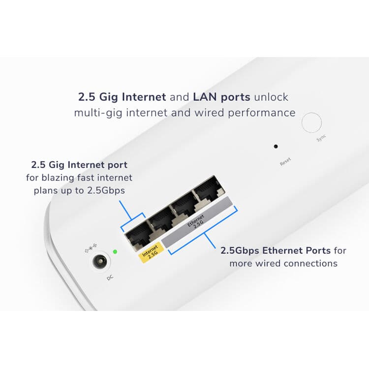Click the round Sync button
tap(311, 123)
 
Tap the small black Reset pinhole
tap(276, 146)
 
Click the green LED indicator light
tap(115, 251)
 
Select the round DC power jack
tap(99, 261)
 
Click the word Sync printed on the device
tap(321, 139)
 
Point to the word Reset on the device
tap(285, 161)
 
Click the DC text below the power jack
tap(110, 278)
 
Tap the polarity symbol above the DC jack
tap(91, 247)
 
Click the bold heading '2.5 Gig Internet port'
tap(79, 164)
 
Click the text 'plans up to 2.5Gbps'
tap(79, 190)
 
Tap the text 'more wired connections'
tap(283, 263)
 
